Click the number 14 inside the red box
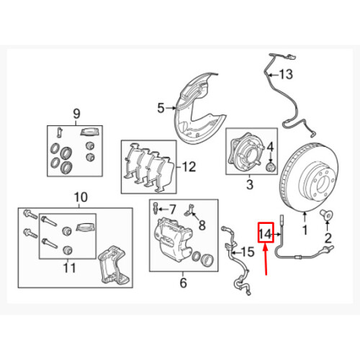point(266,234)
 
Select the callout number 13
point(286,74)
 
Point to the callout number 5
point(161,108)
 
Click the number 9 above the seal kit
point(76,114)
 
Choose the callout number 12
point(189,166)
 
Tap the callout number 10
point(81,197)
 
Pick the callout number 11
point(69,268)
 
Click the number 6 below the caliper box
point(183,283)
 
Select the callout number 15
point(248,252)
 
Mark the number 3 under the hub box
point(250,184)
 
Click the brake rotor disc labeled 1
point(309,178)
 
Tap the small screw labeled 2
point(327,215)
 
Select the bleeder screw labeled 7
point(155,209)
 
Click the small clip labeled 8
point(190,210)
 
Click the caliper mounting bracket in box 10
point(113,264)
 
